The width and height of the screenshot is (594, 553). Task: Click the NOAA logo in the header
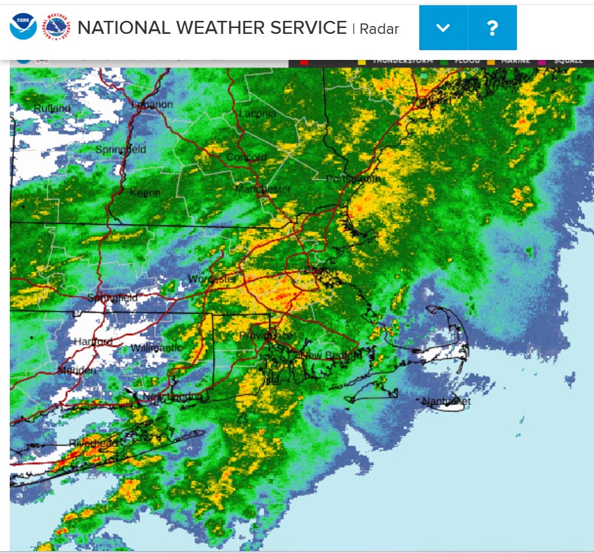click(x=23, y=27)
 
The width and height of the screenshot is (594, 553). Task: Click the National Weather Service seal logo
click(x=56, y=27)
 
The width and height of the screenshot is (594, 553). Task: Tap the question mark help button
click(x=492, y=28)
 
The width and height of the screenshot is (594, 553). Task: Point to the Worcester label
click(x=213, y=279)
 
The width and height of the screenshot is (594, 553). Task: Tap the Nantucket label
click(x=446, y=401)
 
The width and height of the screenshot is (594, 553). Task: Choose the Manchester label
click(x=263, y=189)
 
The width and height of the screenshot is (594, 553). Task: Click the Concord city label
click(x=246, y=158)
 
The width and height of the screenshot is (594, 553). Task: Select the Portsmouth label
click(x=353, y=179)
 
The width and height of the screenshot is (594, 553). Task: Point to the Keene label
click(x=145, y=193)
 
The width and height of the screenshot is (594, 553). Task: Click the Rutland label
click(x=52, y=108)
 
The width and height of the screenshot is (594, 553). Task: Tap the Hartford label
click(x=93, y=341)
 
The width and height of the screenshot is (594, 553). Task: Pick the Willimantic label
click(x=156, y=348)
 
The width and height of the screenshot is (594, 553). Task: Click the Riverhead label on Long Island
click(x=94, y=444)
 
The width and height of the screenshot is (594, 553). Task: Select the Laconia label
click(x=258, y=113)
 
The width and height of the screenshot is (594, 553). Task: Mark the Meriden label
click(x=77, y=370)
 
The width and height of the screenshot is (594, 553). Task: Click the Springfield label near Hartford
click(x=113, y=298)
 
